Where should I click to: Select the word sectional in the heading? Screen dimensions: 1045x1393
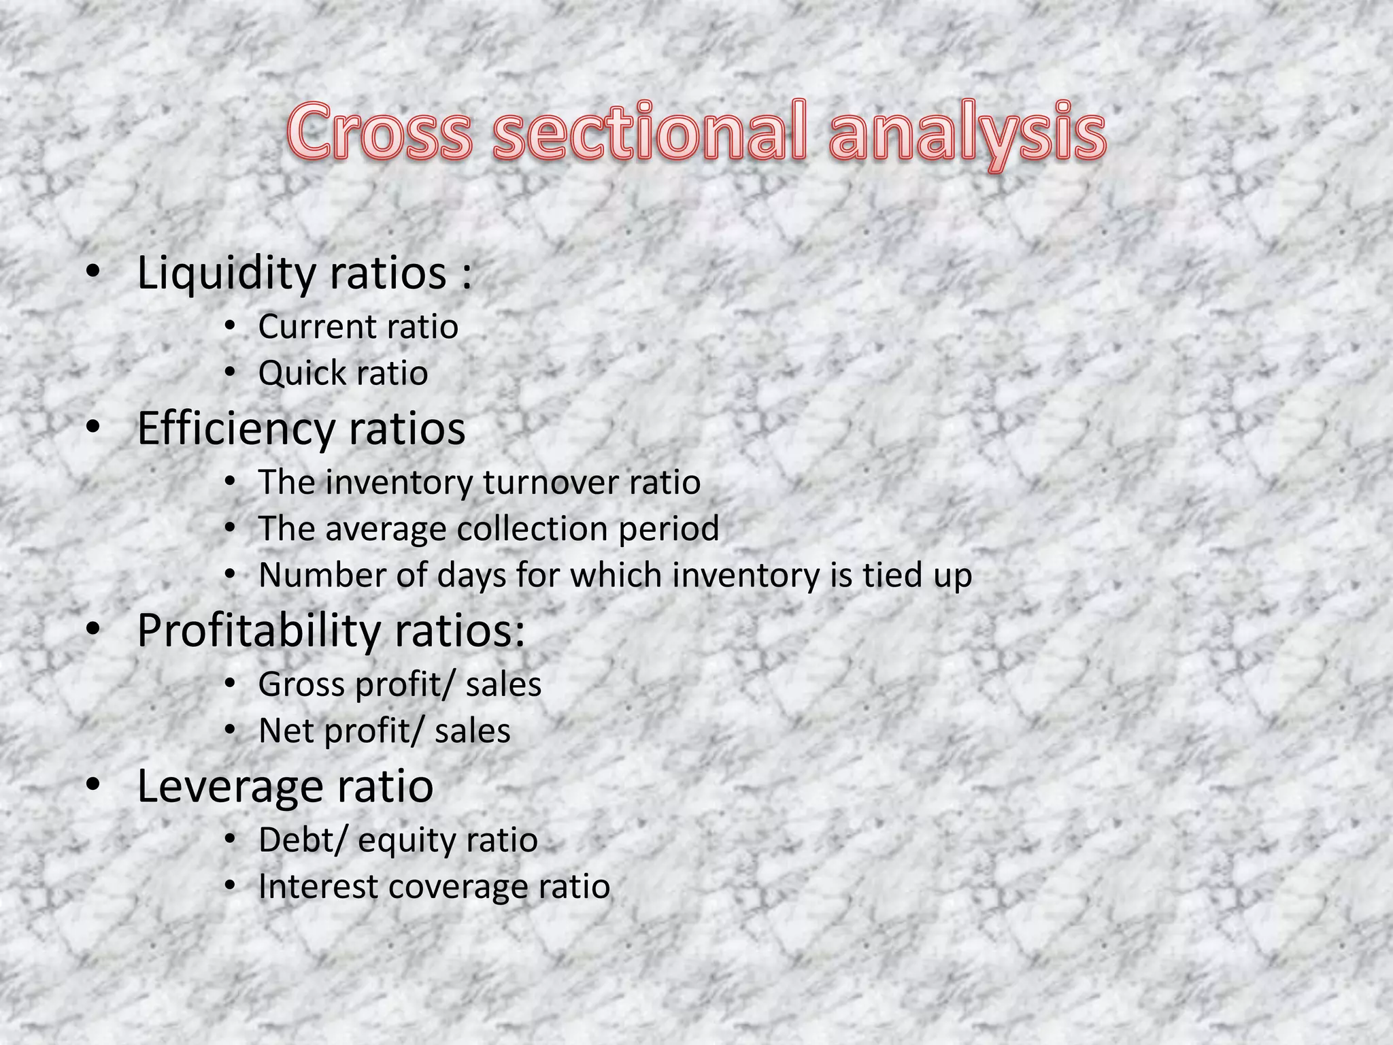(x=649, y=131)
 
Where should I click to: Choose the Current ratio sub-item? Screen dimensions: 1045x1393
(x=358, y=327)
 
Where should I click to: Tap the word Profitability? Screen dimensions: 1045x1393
(x=258, y=631)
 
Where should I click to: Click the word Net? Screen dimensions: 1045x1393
(x=286, y=731)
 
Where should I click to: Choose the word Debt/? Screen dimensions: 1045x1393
(x=302, y=840)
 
